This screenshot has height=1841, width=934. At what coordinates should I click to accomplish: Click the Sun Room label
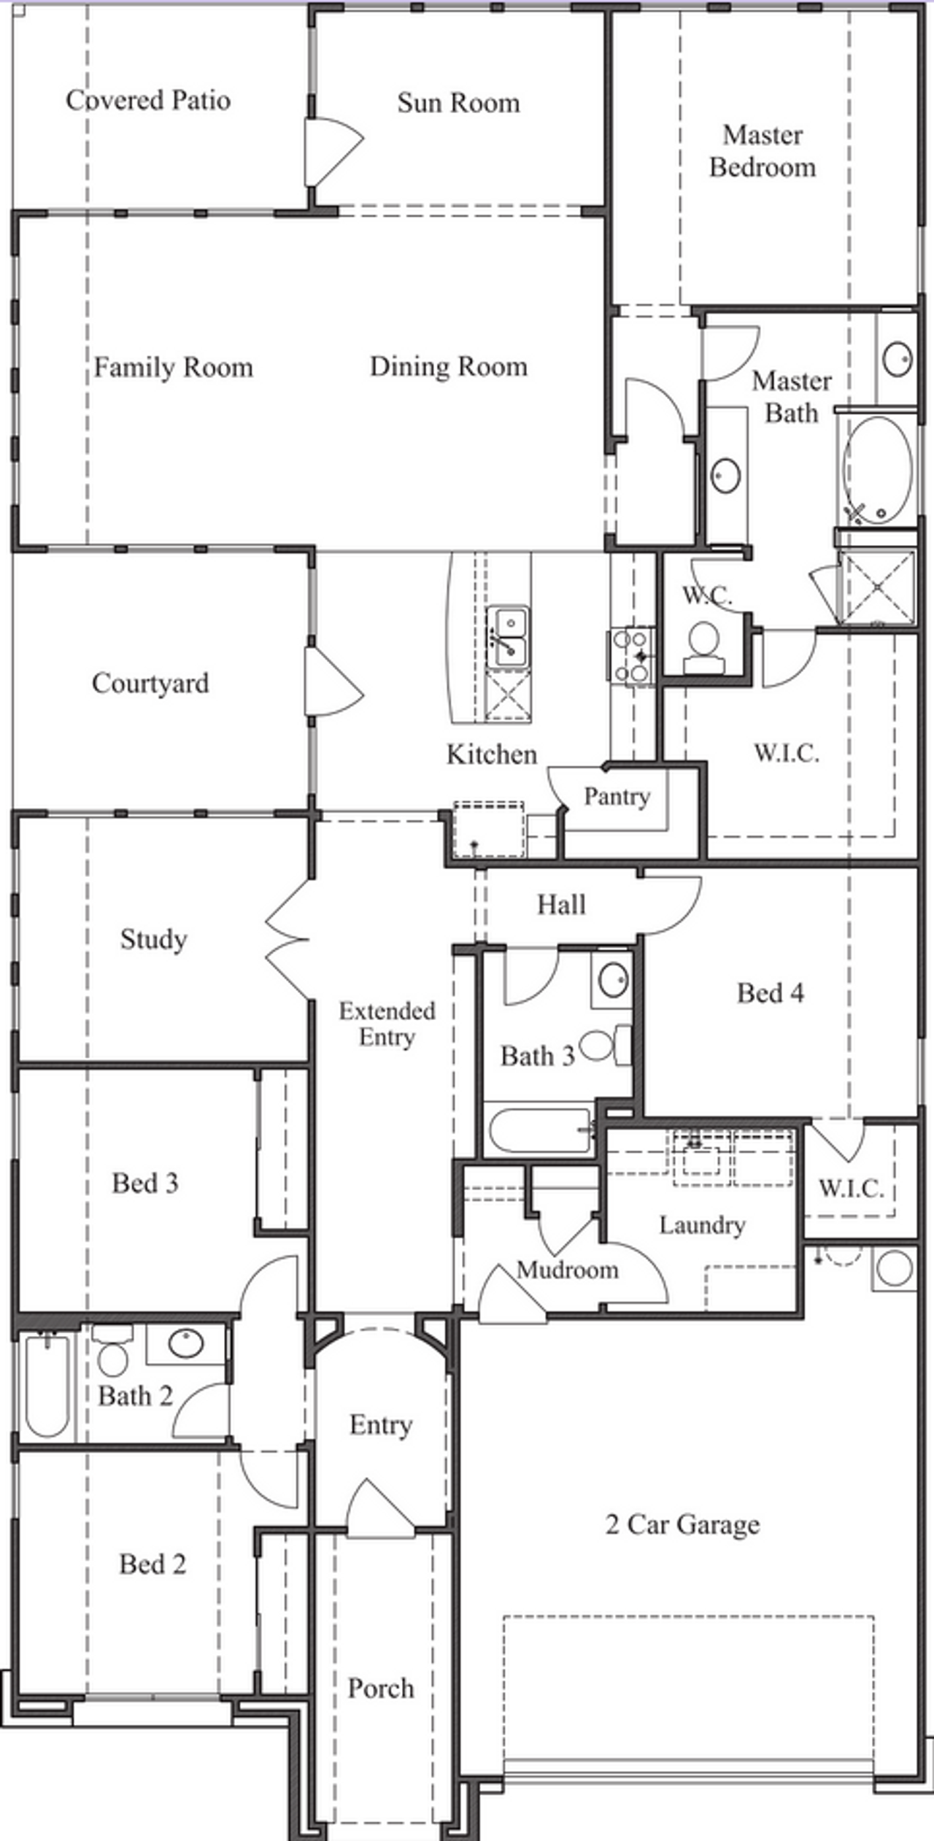(x=458, y=103)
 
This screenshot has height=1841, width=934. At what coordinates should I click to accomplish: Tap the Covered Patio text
(x=148, y=100)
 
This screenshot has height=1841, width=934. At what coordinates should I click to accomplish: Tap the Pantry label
(x=617, y=796)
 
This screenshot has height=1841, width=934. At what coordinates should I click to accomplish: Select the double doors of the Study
(x=288, y=938)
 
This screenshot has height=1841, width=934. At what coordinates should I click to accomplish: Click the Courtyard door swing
(x=332, y=682)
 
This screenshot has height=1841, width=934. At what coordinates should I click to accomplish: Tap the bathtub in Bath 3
(x=540, y=1130)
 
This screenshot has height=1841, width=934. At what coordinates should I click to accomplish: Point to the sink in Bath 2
(x=185, y=1343)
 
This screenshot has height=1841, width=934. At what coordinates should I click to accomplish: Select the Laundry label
(x=702, y=1225)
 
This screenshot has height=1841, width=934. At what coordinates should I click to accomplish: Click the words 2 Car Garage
(x=682, y=1524)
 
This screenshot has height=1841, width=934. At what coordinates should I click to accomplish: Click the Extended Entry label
(x=387, y=1024)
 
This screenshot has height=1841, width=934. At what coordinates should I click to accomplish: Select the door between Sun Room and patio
(x=332, y=153)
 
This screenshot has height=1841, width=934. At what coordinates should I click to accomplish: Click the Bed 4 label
(x=770, y=993)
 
